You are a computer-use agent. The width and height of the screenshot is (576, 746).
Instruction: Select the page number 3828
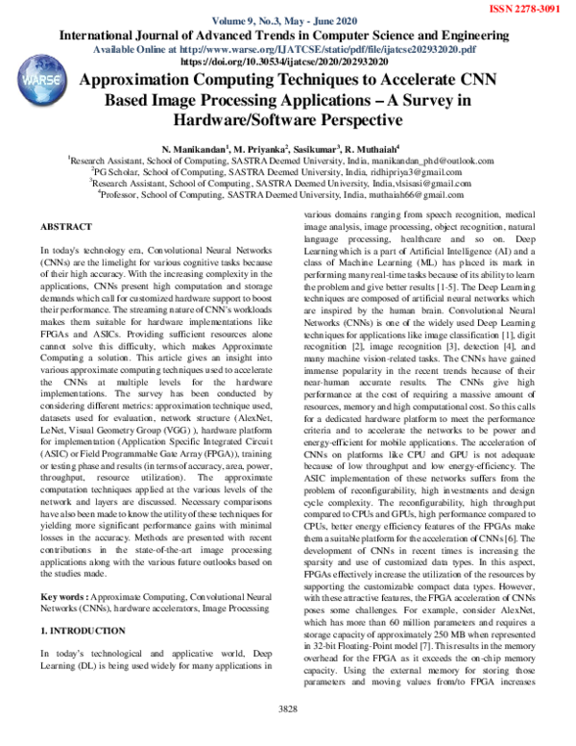pos(288,735)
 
